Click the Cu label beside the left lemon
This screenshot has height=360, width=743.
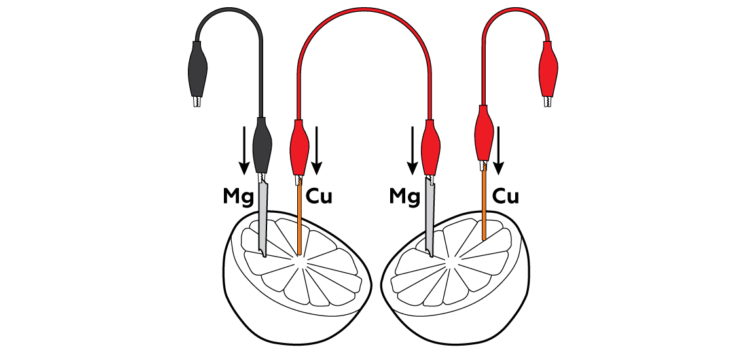click(x=319, y=196)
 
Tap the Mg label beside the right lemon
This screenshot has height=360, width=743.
click(x=405, y=196)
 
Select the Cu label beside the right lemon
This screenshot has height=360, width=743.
click(x=505, y=196)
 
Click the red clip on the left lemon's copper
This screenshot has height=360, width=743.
click(x=299, y=145)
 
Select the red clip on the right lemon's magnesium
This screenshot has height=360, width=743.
click(x=431, y=145)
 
